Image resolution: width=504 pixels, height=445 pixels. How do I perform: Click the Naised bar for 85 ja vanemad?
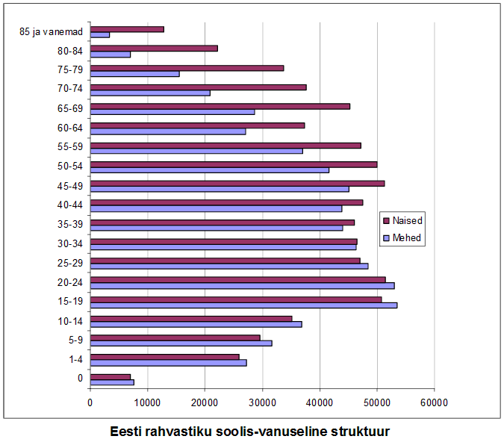pos(127,29)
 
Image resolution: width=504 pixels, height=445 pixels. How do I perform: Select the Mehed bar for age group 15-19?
pos(243,305)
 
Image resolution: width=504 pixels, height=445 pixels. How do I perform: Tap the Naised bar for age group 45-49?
pos(237,183)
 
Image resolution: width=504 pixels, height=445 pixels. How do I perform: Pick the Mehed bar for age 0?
pos(112,382)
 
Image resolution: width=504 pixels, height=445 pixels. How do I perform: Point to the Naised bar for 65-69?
pos(220,106)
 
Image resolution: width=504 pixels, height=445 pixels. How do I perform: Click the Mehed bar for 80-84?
pos(111,55)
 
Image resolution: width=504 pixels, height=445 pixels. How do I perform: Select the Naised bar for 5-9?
pos(175,337)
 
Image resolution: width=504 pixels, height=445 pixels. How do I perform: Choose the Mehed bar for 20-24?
pos(242,286)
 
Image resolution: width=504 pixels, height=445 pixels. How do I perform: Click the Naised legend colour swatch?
pos(386,220)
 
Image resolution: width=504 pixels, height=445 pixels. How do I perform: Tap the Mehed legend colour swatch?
pos(386,238)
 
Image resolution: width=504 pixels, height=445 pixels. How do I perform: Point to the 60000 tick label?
pos(434,402)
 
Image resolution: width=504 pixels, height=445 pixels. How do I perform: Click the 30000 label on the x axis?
pos(262,402)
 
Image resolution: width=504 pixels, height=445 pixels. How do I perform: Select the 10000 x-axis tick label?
pos(147,402)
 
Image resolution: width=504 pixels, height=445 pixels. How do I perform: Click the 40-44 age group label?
pos(70,205)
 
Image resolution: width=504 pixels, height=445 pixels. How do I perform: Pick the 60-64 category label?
pos(70,128)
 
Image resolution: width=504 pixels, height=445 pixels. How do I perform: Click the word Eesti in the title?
pos(126,432)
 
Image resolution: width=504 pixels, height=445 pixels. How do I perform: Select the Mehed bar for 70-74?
pos(150,93)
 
